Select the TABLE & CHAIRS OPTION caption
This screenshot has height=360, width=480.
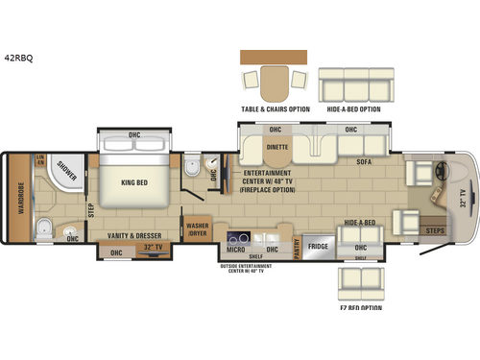(275, 109)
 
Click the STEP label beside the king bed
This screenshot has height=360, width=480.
(90, 204)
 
